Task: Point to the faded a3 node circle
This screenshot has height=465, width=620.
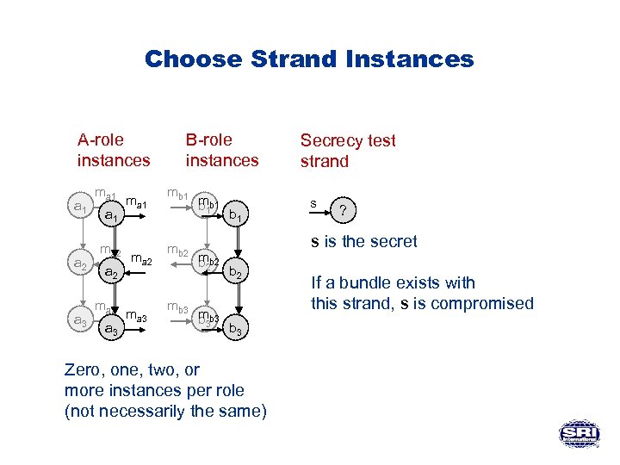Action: [80, 320]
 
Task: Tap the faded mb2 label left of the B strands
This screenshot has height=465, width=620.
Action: [179, 251]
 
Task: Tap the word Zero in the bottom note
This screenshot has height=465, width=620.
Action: [83, 370]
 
